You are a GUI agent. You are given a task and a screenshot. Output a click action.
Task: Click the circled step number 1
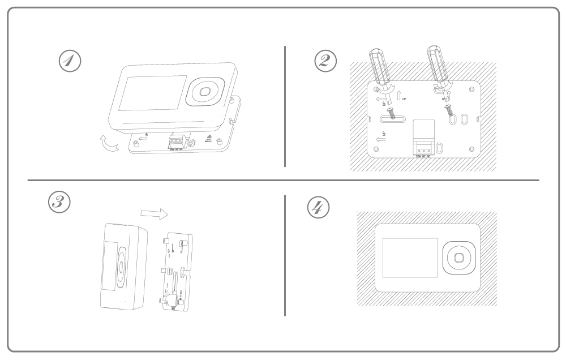[70, 61]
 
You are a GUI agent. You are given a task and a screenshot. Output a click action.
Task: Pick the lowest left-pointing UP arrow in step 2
[380, 138]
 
